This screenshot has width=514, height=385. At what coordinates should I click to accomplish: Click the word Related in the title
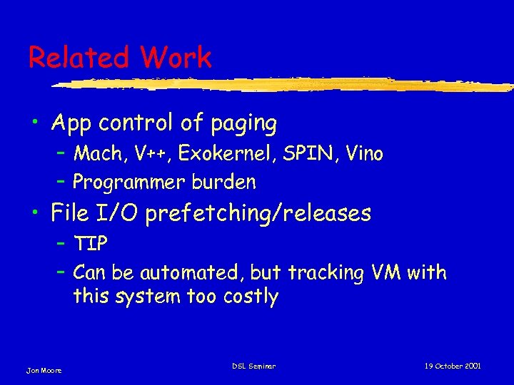click(x=76, y=58)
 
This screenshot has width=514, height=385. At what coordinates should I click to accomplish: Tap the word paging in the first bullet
click(x=243, y=124)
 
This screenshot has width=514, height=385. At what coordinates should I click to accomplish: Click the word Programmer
click(x=129, y=183)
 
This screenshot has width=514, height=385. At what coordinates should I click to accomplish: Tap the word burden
click(x=223, y=183)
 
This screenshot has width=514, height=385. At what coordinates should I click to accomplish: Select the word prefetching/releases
click(x=258, y=213)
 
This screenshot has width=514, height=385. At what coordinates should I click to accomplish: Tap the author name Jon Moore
click(x=44, y=370)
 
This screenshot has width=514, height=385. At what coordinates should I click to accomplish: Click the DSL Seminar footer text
click(x=253, y=366)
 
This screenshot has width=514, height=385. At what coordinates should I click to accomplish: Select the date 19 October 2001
click(x=453, y=366)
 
